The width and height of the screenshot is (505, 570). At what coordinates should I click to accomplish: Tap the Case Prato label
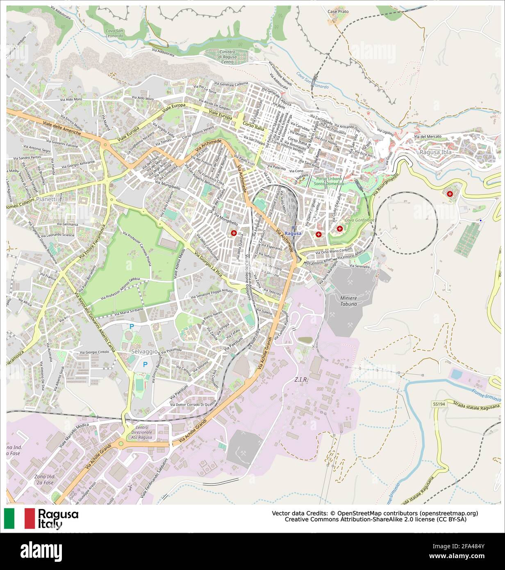[338, 11]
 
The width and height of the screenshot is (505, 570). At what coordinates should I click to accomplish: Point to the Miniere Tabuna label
[348, 301]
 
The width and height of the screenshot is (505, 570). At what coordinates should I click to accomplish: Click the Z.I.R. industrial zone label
[301, 380]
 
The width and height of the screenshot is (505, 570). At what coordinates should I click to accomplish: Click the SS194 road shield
[439, 404]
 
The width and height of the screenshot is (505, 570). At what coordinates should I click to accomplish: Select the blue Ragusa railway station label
[293, 233]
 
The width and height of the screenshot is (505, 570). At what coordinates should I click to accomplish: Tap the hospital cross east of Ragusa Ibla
[450, 194]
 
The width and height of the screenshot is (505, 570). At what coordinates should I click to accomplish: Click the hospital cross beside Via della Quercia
[234, 233]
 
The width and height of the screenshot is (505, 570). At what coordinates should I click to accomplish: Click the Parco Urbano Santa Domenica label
[330, 182]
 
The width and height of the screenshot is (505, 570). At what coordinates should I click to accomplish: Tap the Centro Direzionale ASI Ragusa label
[141, 433]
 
